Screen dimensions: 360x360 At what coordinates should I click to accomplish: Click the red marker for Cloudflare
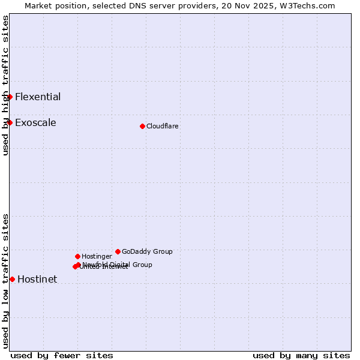pos(142,126)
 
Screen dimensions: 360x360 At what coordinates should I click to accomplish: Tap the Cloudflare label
pos(162,126)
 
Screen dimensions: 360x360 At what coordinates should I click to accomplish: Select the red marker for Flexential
pos(10,97)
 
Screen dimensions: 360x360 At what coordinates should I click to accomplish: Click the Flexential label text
pos(38,97)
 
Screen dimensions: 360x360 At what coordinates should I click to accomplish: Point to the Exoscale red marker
pos(10,122)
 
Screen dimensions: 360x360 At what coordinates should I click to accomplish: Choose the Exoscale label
pos(35,122)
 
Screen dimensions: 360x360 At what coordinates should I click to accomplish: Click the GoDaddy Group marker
pos(118,251)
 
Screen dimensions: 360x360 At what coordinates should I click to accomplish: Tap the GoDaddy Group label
pos(147,251)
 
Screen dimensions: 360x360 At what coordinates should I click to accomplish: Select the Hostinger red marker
pos(77,256)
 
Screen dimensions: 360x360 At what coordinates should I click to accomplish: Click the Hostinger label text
pos(97,256)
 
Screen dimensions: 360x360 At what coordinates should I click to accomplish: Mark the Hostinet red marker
pos(12,279)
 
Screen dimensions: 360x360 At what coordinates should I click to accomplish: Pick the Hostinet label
pos(37,279)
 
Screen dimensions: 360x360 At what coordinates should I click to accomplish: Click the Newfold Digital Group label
pos(118,264)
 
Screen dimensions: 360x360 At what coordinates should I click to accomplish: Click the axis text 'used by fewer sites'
pos(62,355)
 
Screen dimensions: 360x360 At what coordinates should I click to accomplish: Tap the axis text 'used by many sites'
pos(301,355)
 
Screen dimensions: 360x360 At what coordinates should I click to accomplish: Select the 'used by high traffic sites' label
pos(5,85)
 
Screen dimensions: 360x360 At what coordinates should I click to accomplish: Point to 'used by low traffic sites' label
pos(5,281)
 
